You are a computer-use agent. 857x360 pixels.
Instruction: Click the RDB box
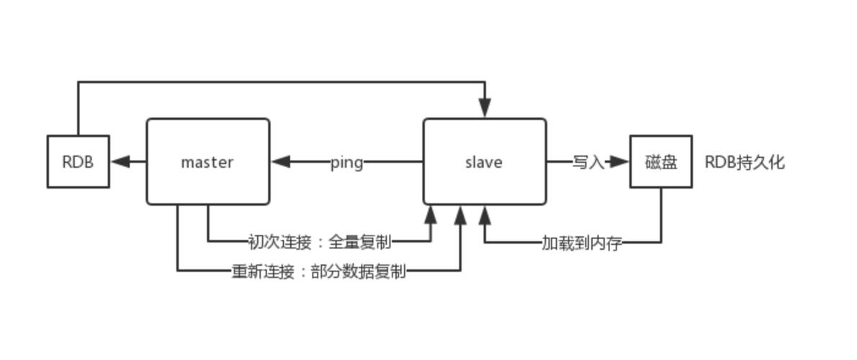pyautogui.click(x=78, y=162)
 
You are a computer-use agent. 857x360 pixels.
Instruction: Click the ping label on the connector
pyautogui.click(x=346, y=162)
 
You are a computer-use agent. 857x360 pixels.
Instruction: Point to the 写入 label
pyautogui.click(x=588, y=162)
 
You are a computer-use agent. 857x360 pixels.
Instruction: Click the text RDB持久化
pyautogui.click(x=744, y=162)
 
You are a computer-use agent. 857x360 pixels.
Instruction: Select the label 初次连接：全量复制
pyautogui.click(x=320, y=241)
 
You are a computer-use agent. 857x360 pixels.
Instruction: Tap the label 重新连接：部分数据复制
pyautogui.click(x=318, y=271)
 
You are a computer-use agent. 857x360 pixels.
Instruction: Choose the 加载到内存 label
pyautogui.click(x=581, y=243)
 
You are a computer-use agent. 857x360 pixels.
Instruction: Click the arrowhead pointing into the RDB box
pyautogui.click(x=121, y=162)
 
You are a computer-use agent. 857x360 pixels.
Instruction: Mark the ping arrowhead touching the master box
pyautogui.click(x=281, y=162)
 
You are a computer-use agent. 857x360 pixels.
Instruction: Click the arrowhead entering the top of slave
pyautogui.click(x=485, y=109)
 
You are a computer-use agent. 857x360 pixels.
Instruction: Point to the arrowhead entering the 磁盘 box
pyautogui.click(x=620, y=162)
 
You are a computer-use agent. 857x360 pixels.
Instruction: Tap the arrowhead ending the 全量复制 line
pyautogui.click(x=431, y=214)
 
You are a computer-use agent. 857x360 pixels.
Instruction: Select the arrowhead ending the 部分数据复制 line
pyautogui.click(x=460, y=214)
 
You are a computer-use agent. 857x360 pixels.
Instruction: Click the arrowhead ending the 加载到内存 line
pyautogui.click(x=485, y=214)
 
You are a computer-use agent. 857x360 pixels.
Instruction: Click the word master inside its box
pyautogui.click(x=207, y=162)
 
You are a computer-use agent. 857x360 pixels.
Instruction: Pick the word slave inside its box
pyautogui.click(x=484, y=162)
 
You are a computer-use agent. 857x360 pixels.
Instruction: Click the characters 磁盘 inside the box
pyautogui.click(x=661, y=162)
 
